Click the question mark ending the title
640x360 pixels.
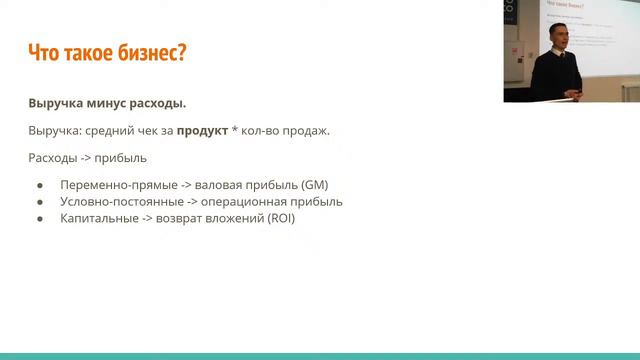point(182,54)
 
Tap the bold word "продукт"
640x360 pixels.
point(195,131)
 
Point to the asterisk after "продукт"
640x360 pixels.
point(235,130)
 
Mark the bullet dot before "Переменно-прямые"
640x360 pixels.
point(40,185)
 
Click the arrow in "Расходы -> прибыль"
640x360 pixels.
point(88,158)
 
